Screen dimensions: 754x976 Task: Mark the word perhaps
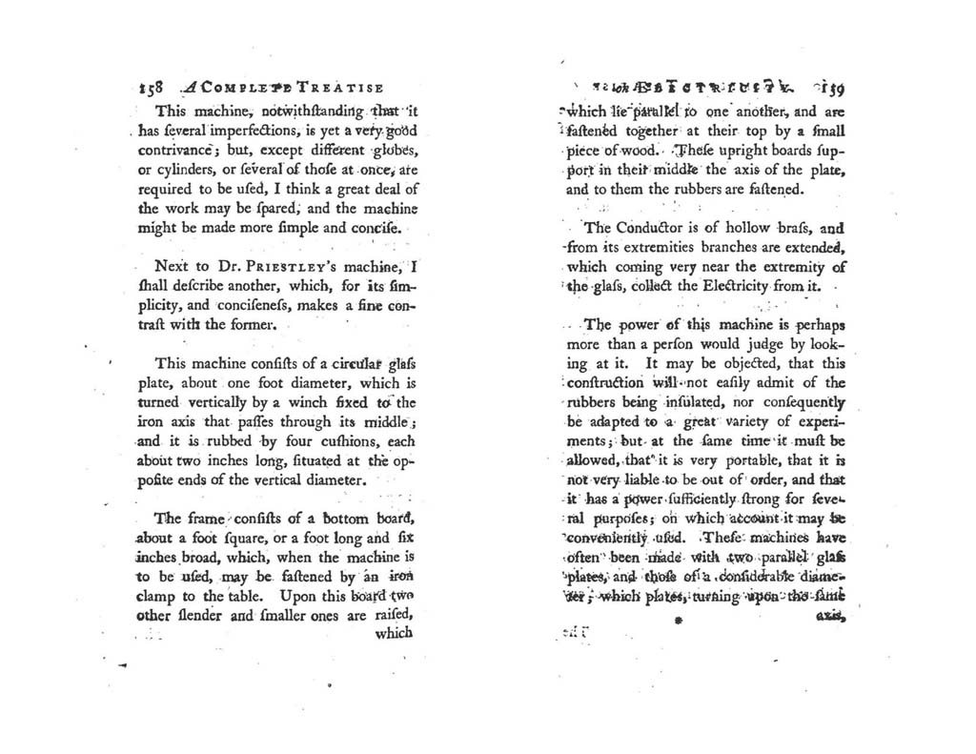coord(813,324)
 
